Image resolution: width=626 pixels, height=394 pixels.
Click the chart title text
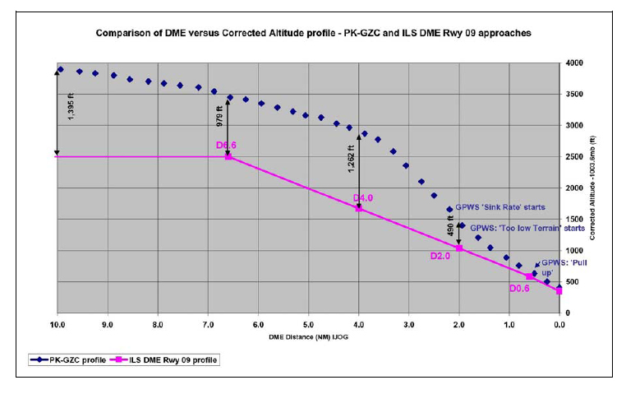point(314,35)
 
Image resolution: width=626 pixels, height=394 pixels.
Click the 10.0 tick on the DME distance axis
point(57,325)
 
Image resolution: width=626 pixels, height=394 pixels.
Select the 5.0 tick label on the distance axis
point(308,325)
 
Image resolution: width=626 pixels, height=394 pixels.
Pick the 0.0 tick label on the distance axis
point(559,325)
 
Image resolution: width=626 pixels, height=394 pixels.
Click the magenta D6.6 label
point(227,146)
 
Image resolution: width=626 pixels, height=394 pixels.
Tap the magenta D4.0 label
point(363,198)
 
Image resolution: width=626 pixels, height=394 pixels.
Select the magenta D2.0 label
point(441,256)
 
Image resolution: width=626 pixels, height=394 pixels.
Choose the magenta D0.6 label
point(519,289)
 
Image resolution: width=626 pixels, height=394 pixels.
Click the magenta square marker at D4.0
point(359,208)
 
